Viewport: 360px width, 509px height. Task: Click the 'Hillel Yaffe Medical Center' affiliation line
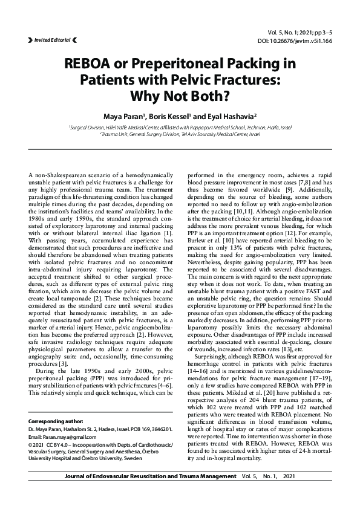(180, 128)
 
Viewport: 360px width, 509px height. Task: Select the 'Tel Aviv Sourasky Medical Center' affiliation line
(180, 134)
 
